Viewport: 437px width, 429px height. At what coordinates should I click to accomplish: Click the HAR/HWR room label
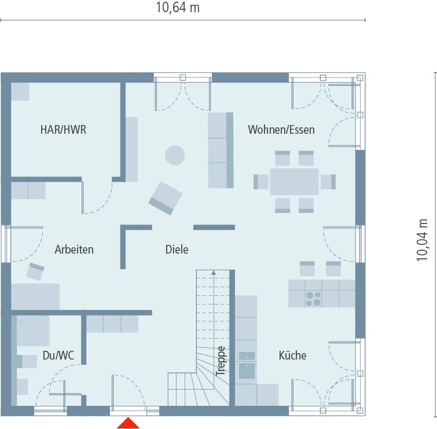(x=63, y=130)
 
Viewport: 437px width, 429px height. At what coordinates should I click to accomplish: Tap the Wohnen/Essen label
(x=281, y=130)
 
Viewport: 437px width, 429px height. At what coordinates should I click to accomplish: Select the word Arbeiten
(x=74, y=250)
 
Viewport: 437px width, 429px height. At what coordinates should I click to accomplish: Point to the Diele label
(x=177, y=250)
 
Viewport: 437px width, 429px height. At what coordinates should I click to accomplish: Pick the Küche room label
(x=292, y=355)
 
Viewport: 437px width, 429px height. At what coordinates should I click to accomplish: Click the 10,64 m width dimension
(x=178, y=8)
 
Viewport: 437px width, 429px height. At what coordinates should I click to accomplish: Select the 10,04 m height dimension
(x=423, y=240)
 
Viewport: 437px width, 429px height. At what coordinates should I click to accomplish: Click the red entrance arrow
(x=128, y=423)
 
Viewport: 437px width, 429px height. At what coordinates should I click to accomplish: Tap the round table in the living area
(x=175, y=155)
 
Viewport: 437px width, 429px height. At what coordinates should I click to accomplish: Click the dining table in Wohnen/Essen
(x=294, y=181)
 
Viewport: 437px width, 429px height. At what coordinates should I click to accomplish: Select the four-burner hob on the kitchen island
(x=314, y=298)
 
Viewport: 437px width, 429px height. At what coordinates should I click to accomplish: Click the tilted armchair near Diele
(x=166, y=197)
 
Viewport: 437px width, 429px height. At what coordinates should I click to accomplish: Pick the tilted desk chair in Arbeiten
(x=36, y=271)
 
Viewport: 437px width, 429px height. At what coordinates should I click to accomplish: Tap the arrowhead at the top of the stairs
(x=214, y=272)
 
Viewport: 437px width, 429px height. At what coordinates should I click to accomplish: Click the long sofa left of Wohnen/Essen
(x=220, y=151)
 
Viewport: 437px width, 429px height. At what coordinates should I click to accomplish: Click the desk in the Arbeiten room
(x=35, y=296)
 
